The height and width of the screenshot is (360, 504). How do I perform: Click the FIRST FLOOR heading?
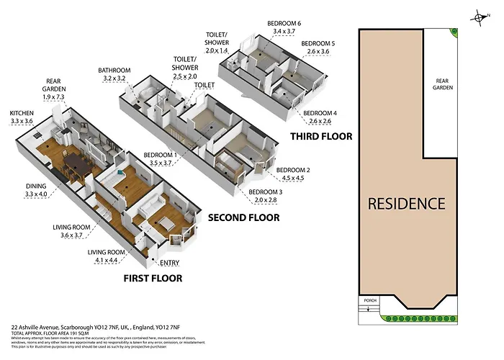click(x=152, y=278)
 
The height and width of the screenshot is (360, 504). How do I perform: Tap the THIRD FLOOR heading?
click(x=320, y=136)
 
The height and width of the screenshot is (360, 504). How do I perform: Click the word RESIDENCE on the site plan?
click(x=406, y=203)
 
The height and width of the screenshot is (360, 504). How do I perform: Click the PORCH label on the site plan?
click(x=371, y=301)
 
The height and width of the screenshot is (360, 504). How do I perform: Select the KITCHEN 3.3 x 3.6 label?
click(x=22, y=117)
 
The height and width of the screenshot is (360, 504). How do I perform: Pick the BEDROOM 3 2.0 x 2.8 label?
click(x=266, y=196)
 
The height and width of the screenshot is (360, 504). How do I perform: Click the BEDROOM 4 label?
click(x=319, y=117)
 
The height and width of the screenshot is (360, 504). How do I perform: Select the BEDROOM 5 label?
click(x=318, y=48)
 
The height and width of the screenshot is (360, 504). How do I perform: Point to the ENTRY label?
click(x=169, y=263)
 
